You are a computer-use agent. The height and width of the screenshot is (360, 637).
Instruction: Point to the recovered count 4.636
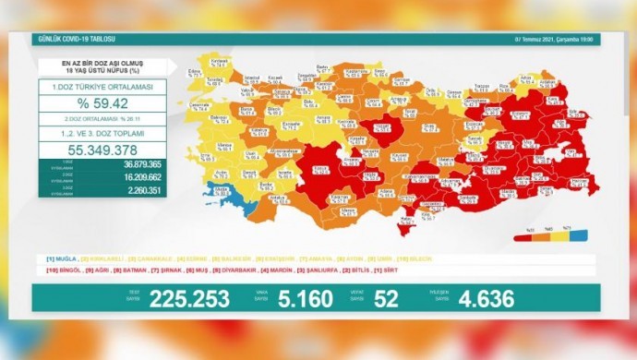coord(504,298)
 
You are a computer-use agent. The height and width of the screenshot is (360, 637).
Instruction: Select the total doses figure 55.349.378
coord(102,147)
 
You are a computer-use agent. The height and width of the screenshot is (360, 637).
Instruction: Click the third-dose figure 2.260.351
coord(121,192)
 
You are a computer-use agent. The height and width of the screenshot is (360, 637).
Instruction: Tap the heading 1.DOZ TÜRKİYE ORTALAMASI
coord(102,86)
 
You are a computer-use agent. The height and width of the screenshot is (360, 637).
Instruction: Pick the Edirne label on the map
coord(195,70)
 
